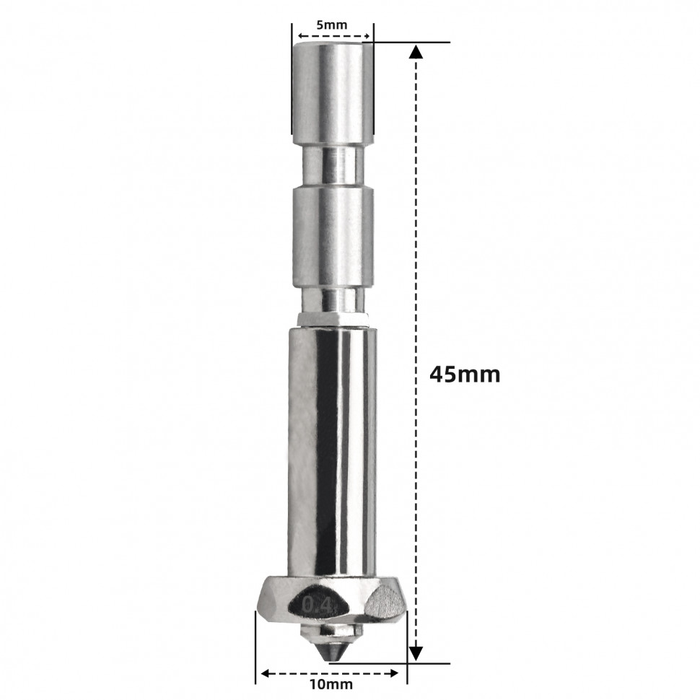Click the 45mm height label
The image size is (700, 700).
(x=465, y=375)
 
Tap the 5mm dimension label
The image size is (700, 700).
(x=332, y=25)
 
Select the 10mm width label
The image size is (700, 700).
(x=333, y=684)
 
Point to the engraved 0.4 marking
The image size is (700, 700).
(x=317, y=605)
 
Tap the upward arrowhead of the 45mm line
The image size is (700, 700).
(x=416, y=51)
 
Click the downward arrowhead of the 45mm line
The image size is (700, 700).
(x=416, y=654)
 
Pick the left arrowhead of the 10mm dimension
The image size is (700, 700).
(x=267, y=673)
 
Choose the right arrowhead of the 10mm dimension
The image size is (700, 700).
(x=393, y=673)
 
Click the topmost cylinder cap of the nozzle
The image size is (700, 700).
(x=332, y=93)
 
